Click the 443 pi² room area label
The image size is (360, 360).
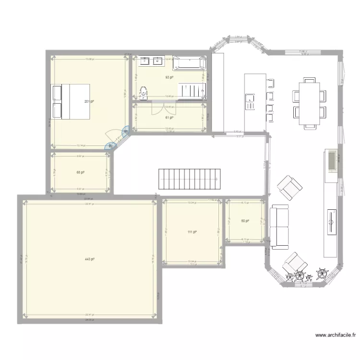89,259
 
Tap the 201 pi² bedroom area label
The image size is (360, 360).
89,101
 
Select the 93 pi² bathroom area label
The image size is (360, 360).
169,77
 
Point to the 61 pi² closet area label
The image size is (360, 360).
169,117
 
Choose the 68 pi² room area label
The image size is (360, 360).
81,172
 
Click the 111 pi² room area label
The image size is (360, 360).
192,232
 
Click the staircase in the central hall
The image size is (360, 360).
190,179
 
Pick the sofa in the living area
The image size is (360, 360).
279,226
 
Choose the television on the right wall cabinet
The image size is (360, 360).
331,221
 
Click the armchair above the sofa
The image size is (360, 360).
289,187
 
